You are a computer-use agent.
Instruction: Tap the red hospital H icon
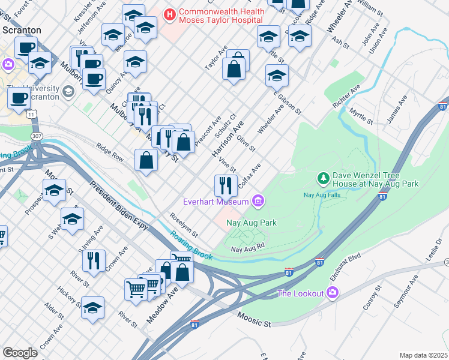coord(170,13)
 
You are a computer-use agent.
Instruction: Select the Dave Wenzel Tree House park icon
coord(323,178)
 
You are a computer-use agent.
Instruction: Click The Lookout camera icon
coord(333,293)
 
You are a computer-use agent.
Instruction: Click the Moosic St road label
coord(254,319)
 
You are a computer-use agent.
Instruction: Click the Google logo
coord(20,353)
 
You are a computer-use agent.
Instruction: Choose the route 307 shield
coord(37,137)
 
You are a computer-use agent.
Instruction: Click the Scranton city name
coord(21,29)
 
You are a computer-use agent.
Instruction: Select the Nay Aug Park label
coord(251,223)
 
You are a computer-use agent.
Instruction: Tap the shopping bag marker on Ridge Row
coord(146,160)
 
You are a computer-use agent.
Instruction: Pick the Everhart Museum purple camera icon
coord(259,200)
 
